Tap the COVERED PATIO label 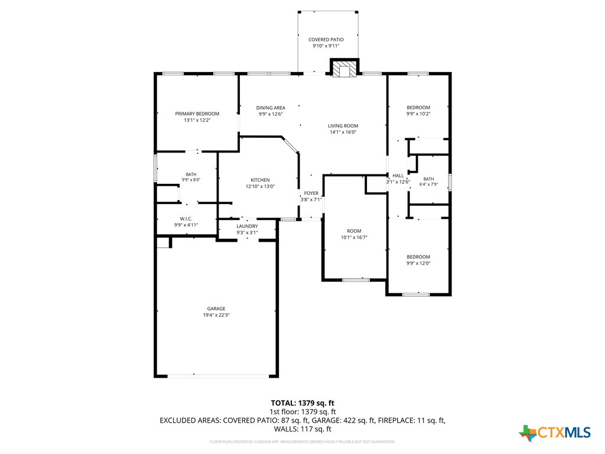click(x=326, y=40)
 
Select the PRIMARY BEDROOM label click(x=197, y=113)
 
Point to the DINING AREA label click(x=271, y=108)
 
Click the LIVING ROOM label click(x=343, y=125)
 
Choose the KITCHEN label click(x=260, y=180)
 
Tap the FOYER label click(x=311, y=193)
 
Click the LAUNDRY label click(x=248, y=226)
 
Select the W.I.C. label click(x=186, y=219)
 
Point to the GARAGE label click(x=216, y=309)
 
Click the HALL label click(x=398, y=176)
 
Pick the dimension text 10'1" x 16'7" click(x=354, y=238)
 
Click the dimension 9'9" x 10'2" click(x=418, y=114)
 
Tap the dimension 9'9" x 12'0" click(x=418, y=263)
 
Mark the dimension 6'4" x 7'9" click(x=429, y=184)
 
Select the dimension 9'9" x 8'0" click(x=191, y=180)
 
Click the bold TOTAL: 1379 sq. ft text click(x=302, y=403)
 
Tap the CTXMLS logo click(x=555, y=433)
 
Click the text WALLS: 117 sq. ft click(x=302, y=429)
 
